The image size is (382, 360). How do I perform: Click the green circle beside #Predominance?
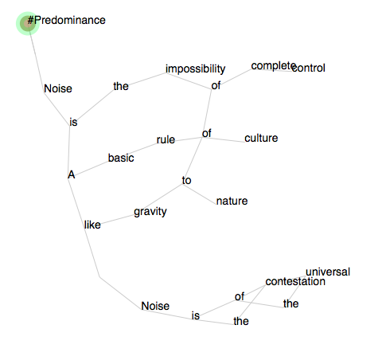(28, 23)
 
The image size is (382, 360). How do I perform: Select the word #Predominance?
(66, 20)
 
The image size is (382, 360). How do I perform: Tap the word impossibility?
(196, 68)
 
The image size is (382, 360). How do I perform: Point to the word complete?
(274, 66)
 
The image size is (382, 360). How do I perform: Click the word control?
(309, 68)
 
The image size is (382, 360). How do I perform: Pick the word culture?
(261, 138)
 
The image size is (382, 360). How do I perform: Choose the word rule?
(166, 139)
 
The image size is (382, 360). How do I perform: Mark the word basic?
(121, 158)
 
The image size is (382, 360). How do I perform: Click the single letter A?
(72, 174)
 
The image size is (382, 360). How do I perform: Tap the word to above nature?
(186, 180)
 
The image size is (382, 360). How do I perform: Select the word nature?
(232, 201)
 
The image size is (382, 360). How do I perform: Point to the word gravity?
(150, 212)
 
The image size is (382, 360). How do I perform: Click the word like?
(92, 225)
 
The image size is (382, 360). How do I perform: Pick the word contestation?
(295, 281)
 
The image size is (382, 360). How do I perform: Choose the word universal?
(328, 272)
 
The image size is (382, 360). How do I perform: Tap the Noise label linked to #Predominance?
(58, 88)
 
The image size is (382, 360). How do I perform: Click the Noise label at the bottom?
(155, 306)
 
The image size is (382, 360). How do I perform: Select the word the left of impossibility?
(121, 86)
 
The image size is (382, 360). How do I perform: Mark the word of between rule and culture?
(207, 133)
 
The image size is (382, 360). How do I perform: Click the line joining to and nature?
(200, 194)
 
